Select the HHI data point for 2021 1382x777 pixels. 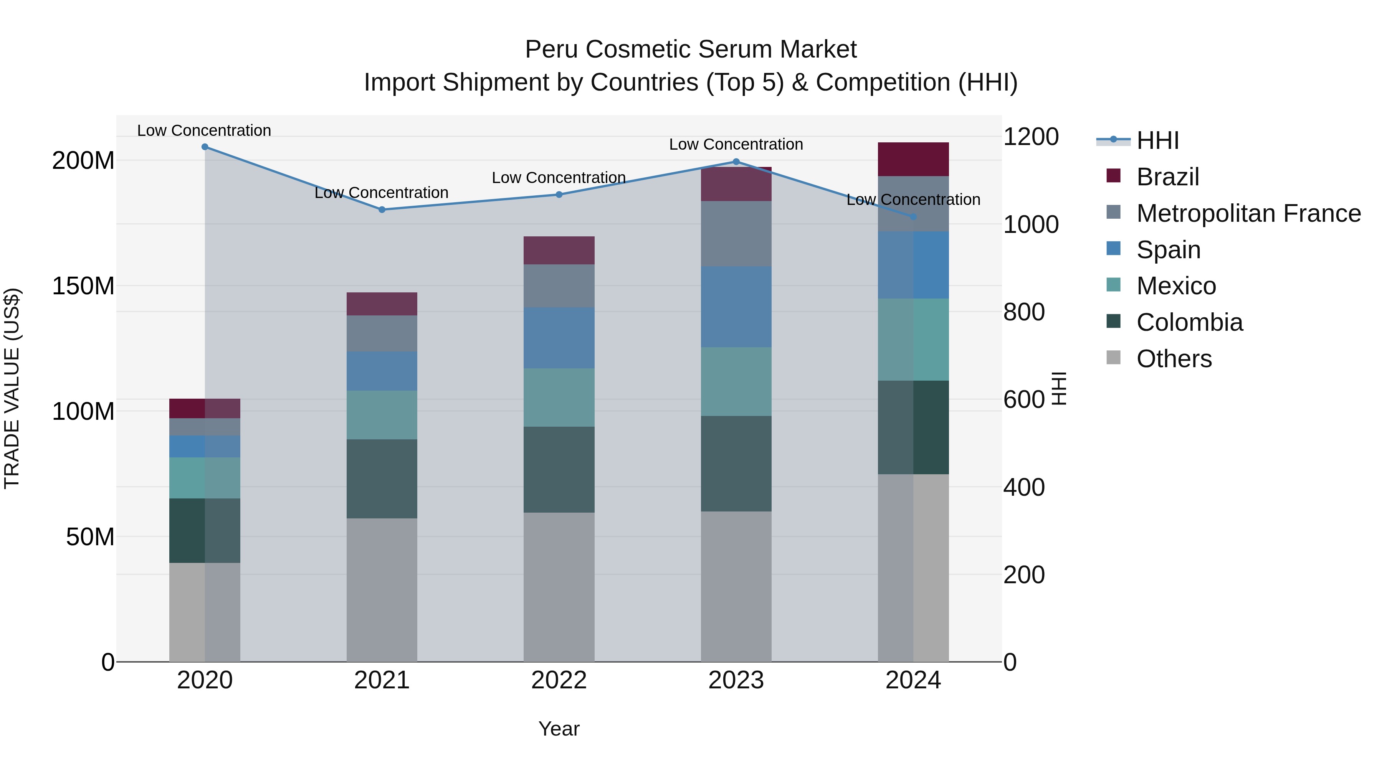point(382,210)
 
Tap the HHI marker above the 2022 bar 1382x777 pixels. point(559,195)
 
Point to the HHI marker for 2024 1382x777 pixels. point(914,217)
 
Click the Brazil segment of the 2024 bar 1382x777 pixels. point(913,159)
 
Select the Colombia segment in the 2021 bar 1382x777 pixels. point(382,478)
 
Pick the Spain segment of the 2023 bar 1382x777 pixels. point(736,306)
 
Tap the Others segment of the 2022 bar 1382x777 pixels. point(559,587)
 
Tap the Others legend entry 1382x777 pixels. point(1174,359)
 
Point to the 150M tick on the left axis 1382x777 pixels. point(83,286)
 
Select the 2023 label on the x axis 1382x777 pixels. point(736,680)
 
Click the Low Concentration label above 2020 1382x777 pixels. point(204,130)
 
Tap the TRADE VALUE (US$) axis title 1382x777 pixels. point(12,388)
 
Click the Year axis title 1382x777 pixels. point(559,729)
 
